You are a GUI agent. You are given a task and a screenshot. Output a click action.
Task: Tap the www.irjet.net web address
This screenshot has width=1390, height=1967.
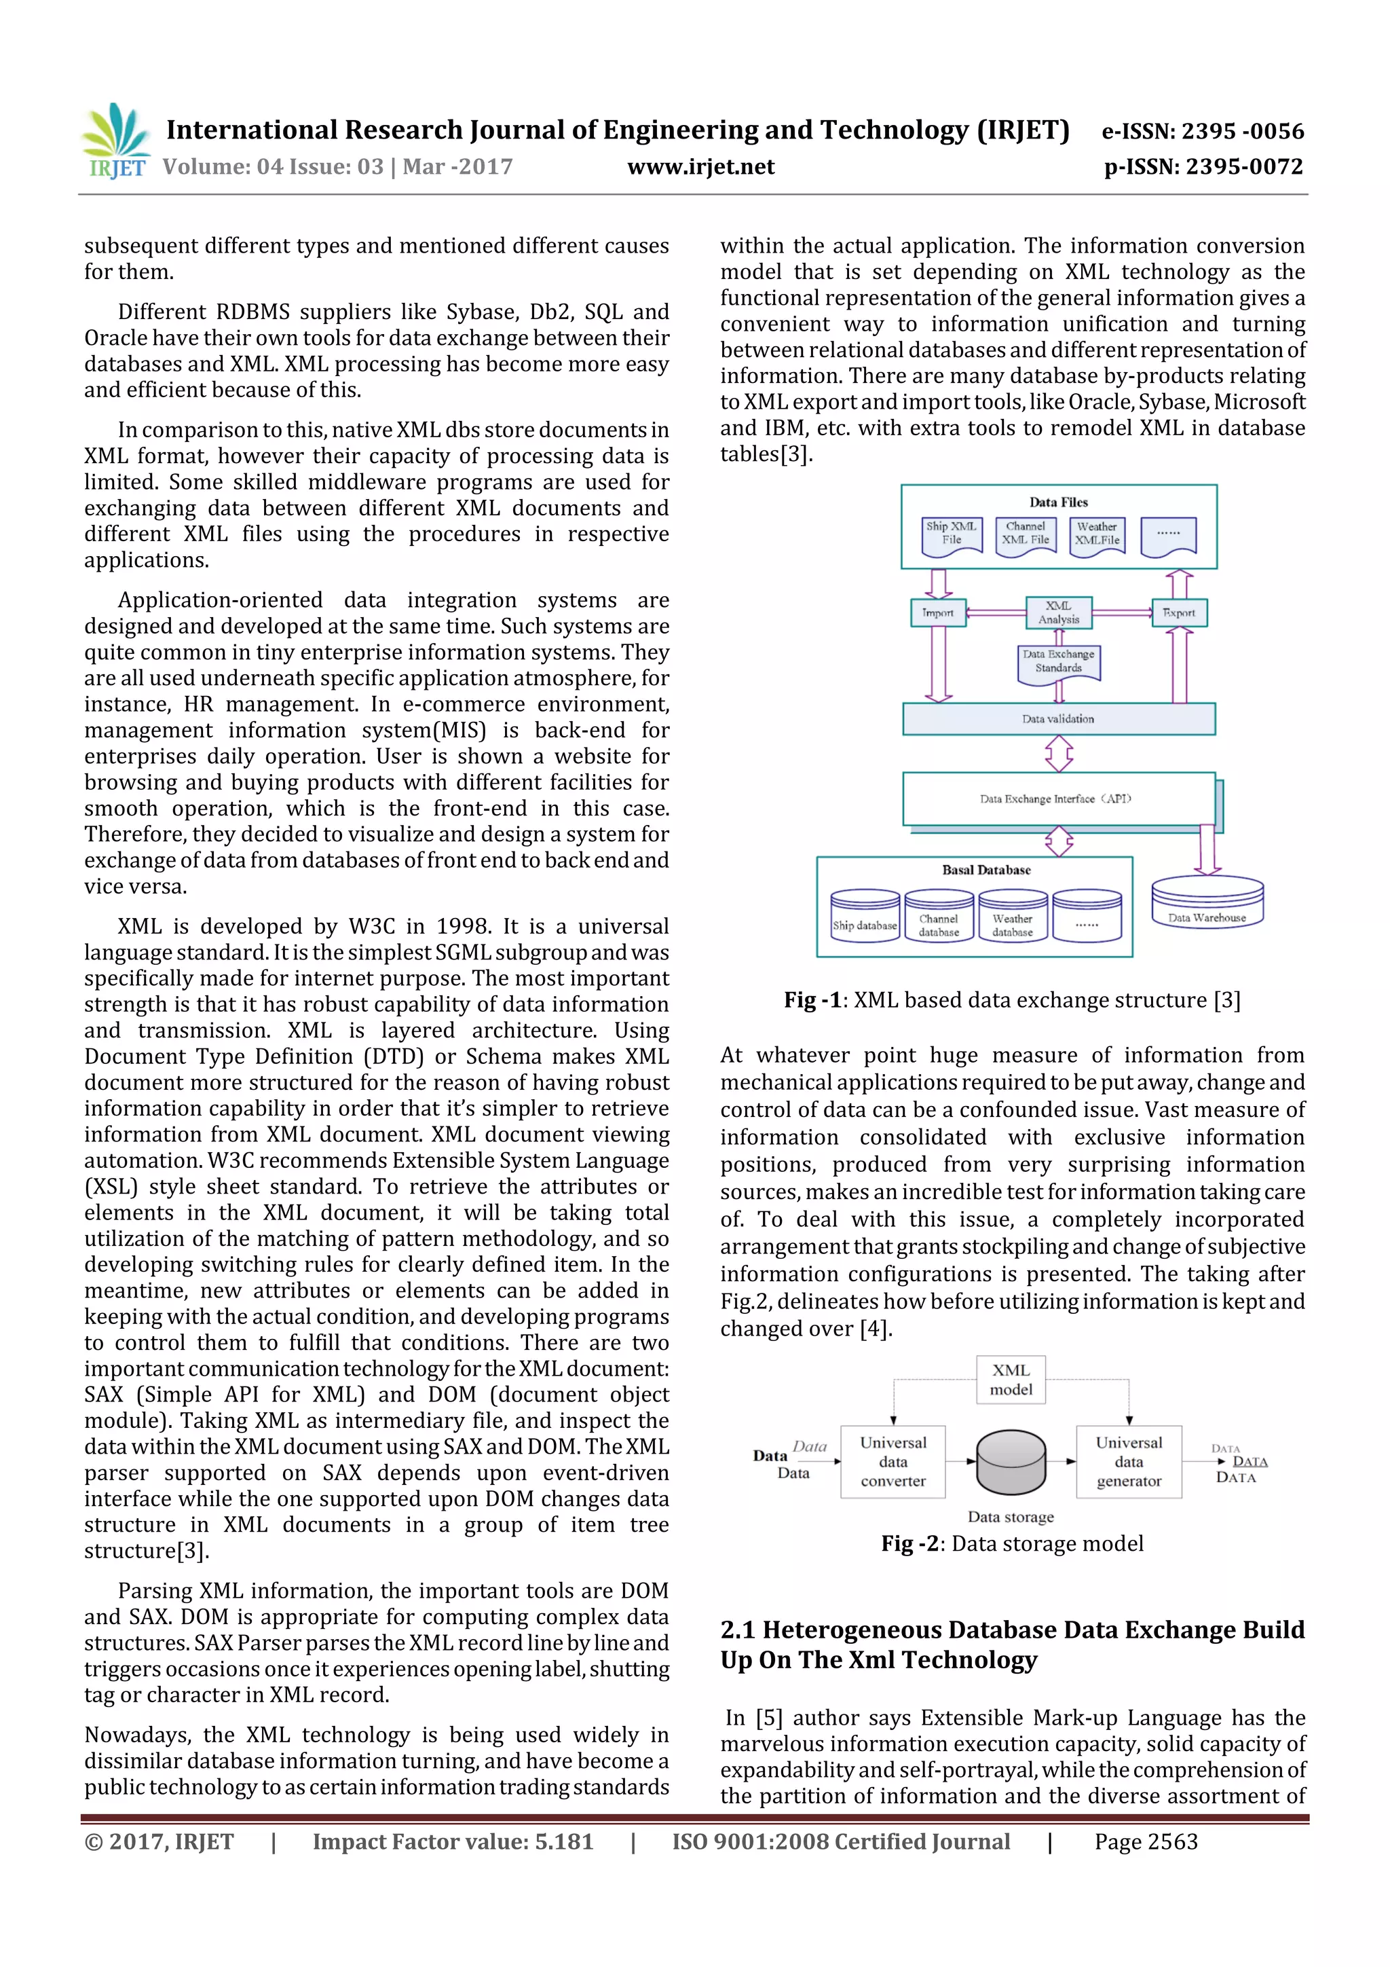click(700, 167)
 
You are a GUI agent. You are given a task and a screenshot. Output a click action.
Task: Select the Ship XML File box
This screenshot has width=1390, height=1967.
click(952, 536)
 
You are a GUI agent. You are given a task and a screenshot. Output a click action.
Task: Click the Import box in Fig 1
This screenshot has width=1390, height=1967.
click(938, 613)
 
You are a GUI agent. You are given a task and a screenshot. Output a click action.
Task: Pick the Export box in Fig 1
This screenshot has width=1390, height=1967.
click(1180, 613)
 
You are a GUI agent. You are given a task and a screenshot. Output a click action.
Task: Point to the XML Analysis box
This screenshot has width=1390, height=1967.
click(1059, 612)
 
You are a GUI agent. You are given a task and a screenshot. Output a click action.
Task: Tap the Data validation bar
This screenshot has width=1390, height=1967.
click(1059, 720)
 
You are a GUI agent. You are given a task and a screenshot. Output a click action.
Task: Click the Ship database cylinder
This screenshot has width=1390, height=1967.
click(865, 917)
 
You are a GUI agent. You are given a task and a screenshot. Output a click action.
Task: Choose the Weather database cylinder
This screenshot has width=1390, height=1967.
click(1013, 917)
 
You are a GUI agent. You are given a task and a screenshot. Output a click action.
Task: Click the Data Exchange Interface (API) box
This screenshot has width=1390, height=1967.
click(1059, 799)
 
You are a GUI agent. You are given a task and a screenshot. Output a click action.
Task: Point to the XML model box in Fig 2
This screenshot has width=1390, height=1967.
click(1011, 1379)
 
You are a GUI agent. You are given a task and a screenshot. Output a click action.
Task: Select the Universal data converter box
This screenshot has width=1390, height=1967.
click(893, 1462)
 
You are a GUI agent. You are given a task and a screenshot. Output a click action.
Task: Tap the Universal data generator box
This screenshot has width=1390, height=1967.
click(1129, 1462)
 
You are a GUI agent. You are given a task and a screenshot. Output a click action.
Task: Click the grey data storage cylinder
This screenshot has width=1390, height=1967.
click(1011, 1460)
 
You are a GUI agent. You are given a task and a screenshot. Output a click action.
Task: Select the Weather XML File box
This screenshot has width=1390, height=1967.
click(1097, 536)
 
